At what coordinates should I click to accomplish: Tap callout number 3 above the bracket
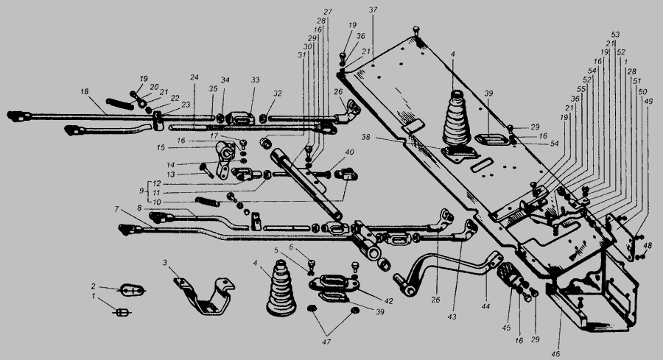[x=165, y=262]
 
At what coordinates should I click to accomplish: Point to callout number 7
[x=116, y=210]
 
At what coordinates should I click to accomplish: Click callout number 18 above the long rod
[x=85, y=91]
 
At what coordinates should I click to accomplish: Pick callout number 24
[x=194, y=77]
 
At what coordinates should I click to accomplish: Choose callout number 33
[x=255, y=79]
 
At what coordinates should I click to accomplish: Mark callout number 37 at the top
[x=373, y=10]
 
